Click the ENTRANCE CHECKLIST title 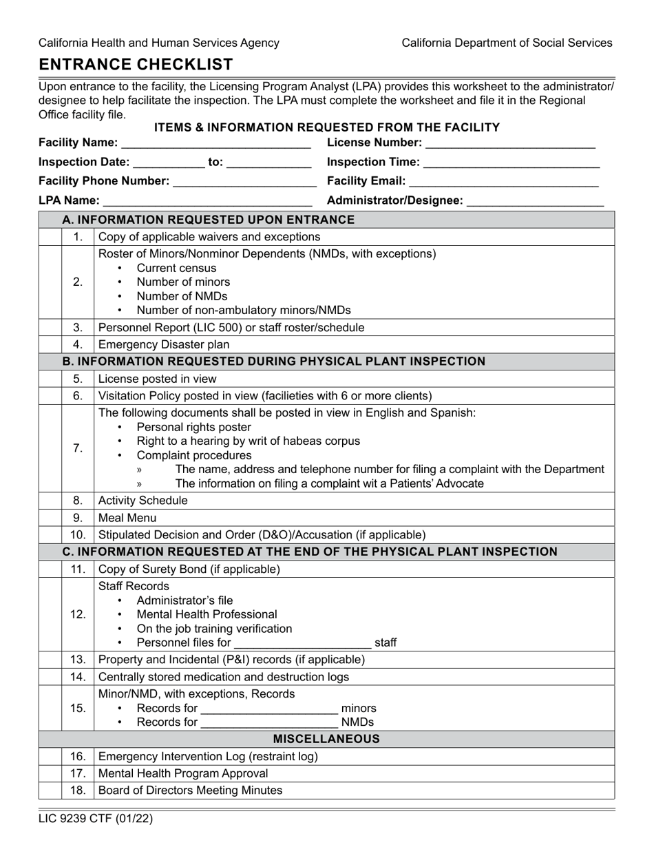tap(136, 65)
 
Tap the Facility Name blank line tap(215, 143)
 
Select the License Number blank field tap(510, 143)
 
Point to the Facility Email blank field tap(505, 182)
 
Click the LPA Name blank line tap(207, 201)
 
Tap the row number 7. tap(78, 448)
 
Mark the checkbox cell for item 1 tap(50, 237)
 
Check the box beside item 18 tap(50, 791)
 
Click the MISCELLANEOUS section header tap(326, 739)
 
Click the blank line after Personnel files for tap(302, 644)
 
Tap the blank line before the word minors tap(268, 709)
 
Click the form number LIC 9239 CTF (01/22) tap(96, 819)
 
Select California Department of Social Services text tap(507, 43)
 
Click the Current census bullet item tap(176, 268)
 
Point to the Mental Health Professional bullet tap(207, 614)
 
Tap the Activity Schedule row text tap(143, 501)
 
